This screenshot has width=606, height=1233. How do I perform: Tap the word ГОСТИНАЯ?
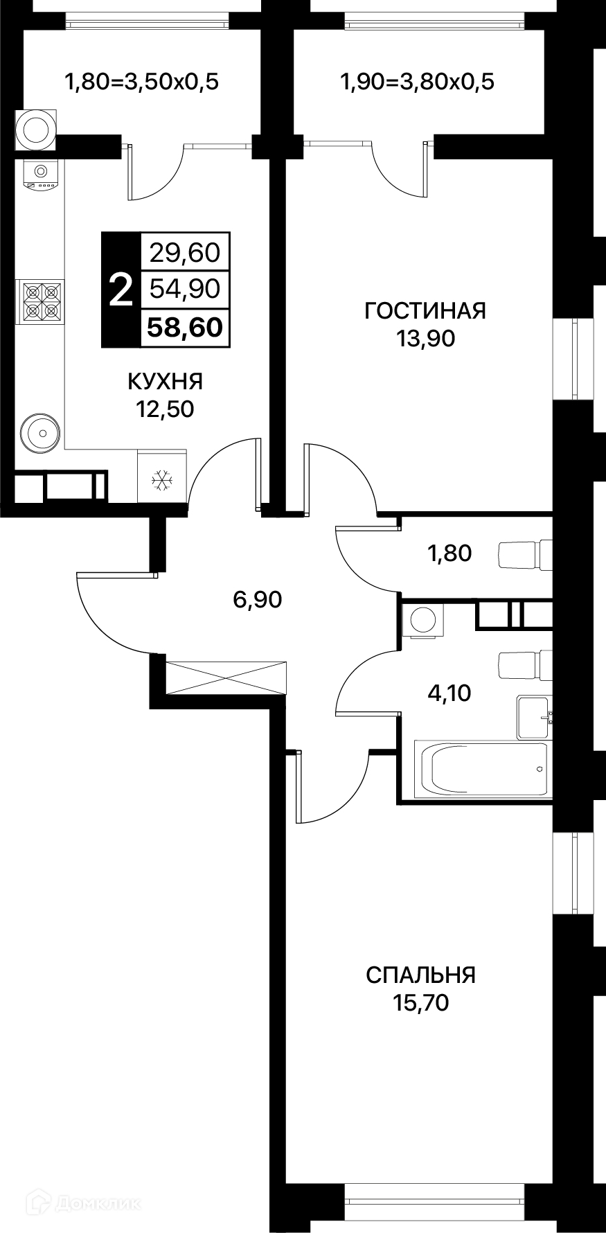click(425, 310)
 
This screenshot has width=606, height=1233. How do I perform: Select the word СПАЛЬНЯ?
click(420, 975)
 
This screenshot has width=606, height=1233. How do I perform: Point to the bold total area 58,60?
click(185, 328)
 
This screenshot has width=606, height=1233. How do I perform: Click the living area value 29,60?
click(185, 253)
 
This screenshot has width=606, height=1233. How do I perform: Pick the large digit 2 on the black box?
click(121, 290)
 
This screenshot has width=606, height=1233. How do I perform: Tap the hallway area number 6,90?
click(258, 599)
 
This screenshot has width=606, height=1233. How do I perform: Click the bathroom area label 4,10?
click(449, 692)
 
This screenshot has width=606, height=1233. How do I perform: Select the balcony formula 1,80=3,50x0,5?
click(141, 82)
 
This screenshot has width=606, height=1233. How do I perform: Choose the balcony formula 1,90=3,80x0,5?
click(417, 82)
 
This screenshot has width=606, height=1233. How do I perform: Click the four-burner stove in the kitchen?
click(40, 301)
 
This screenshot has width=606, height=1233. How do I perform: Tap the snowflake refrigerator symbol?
click(161, 479)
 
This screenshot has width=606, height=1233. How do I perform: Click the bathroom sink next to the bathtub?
click(535, 718)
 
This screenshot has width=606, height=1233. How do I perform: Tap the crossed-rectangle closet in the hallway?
click(226, 677)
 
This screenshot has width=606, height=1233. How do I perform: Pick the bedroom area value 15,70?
click(420, 1002)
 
